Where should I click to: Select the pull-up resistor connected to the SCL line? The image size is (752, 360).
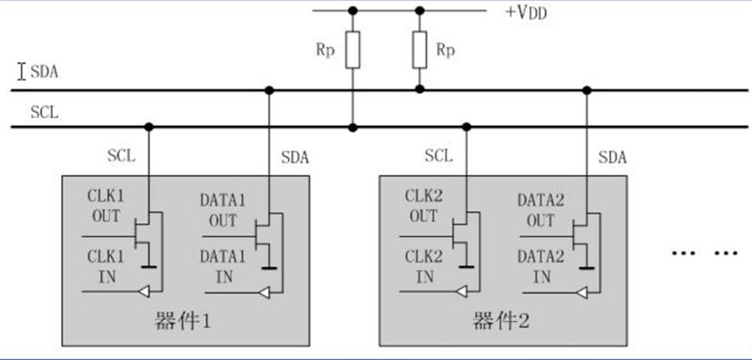(x=353, y=51)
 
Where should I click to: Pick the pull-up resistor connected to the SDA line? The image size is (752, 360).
(x=419, y=51)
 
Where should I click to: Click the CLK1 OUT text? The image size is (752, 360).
(x=106, y=209)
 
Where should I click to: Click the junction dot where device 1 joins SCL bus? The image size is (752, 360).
(x=149, y=127)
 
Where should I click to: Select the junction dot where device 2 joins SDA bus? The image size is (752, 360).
(x=586, y=90)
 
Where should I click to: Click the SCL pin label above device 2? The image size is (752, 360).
(x=438, y=156)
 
